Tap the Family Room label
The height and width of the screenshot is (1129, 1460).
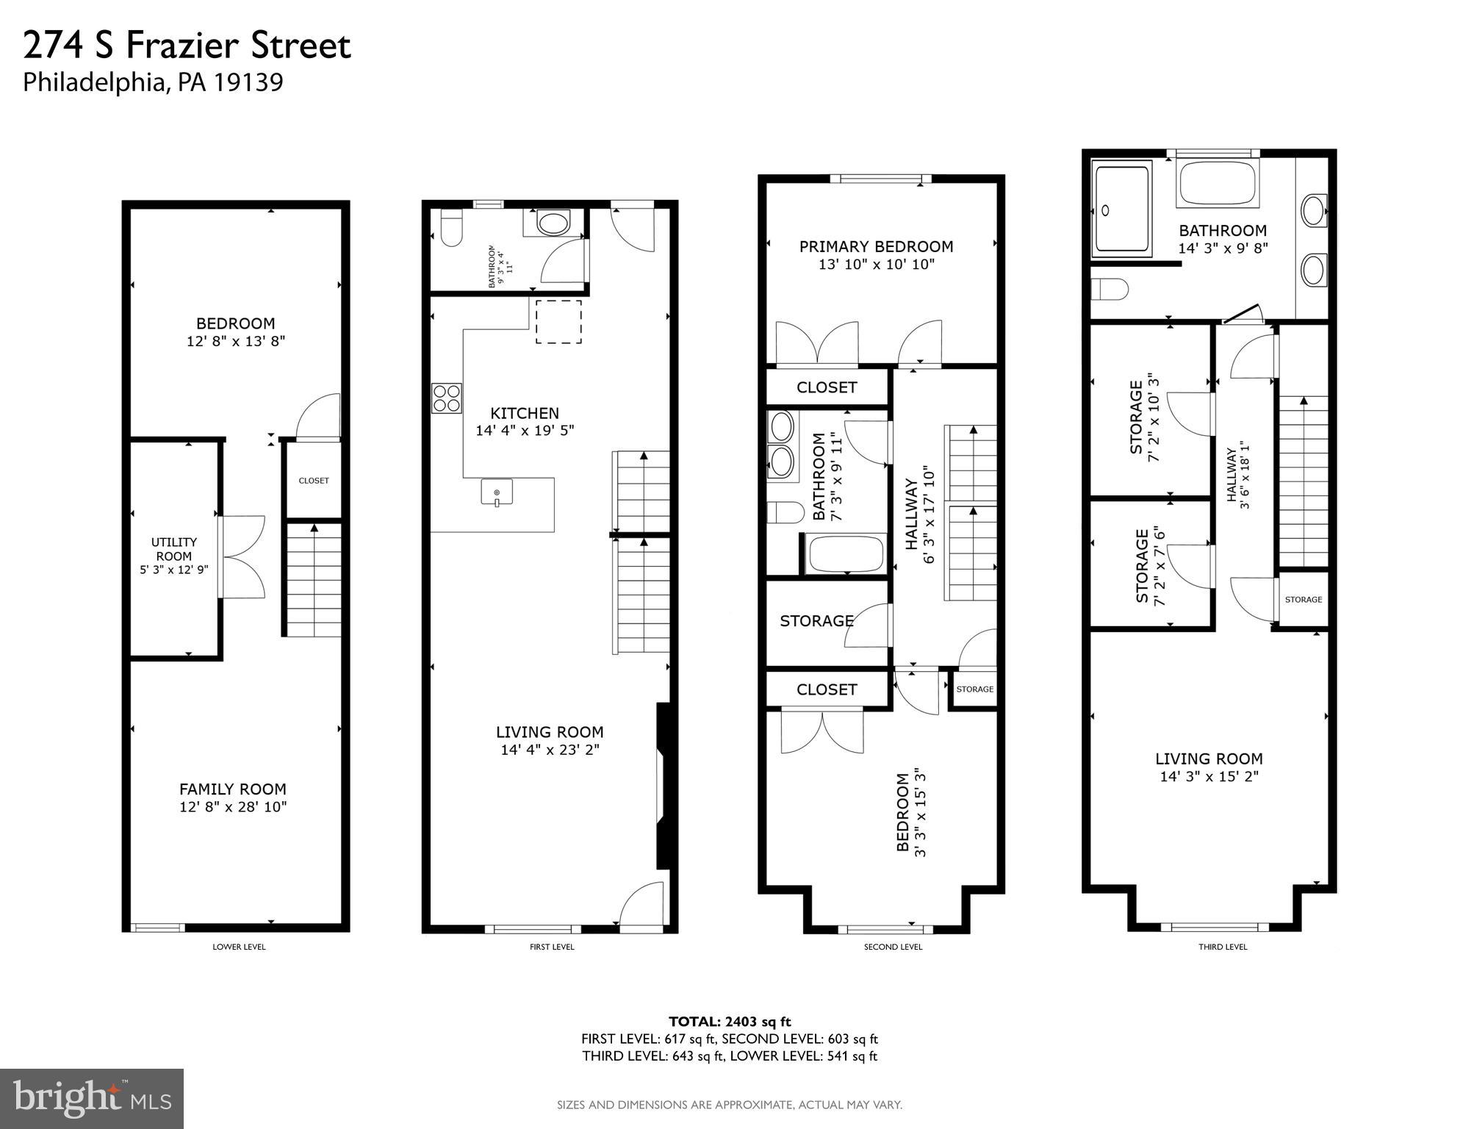click(233, 789)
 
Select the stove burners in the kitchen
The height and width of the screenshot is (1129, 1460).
click(447, 398)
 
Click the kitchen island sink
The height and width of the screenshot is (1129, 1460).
click(497, 492)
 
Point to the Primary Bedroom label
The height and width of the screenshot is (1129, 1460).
click(876, 247)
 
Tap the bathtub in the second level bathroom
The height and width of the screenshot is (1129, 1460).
click(846, 554)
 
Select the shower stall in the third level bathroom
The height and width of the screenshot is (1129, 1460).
click(1121, 209)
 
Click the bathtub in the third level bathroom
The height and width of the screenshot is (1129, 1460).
click(1216, 183)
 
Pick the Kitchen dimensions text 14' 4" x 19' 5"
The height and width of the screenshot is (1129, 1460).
click(525, 431)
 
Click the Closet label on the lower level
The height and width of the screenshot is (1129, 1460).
click(314, 481)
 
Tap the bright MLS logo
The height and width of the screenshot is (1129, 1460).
click(92, 1098)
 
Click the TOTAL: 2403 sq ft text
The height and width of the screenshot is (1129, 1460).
click(730, 1021)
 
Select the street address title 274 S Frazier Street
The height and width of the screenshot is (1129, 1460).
click(187, 46)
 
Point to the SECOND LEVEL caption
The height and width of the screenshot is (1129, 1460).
click(893, 947)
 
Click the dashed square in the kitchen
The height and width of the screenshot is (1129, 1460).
click(558, 322)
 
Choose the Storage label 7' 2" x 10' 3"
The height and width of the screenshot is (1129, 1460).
click(1144, 416)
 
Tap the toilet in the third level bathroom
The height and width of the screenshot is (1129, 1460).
click(1110, 289)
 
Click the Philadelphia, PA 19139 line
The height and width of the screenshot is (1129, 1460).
click(153, 82)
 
